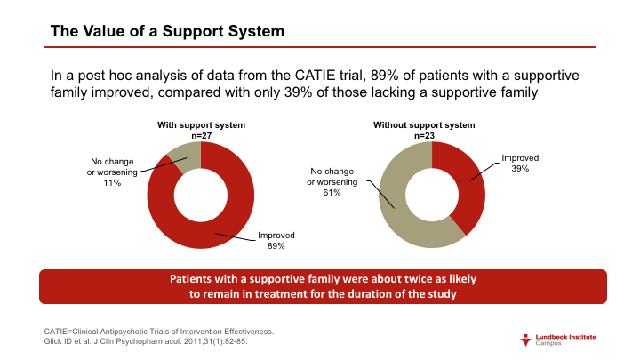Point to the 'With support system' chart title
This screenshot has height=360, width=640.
pos(201,125)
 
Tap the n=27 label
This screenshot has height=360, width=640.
pos(201,136)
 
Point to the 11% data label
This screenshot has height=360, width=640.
pos(113,182)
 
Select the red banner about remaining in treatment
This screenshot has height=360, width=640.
pos(323,286)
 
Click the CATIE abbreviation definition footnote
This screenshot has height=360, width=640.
pos(159,331)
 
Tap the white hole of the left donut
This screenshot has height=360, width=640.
pos(201,195)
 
